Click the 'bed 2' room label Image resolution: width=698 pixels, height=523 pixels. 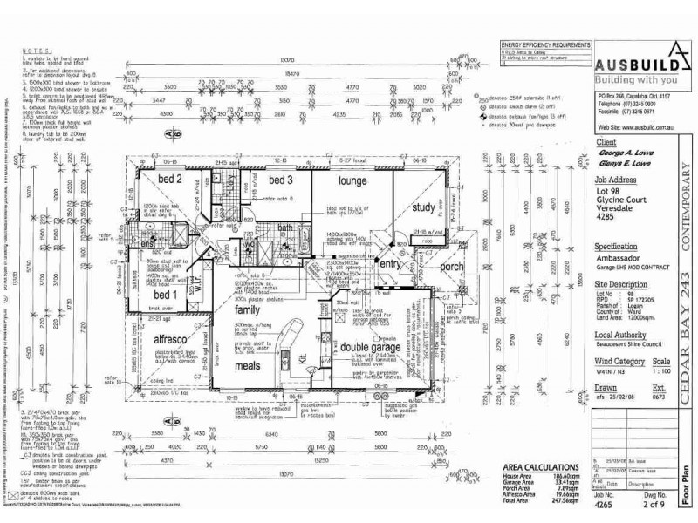[x=169, y=180]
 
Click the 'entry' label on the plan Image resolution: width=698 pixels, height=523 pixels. [x=388, y=263]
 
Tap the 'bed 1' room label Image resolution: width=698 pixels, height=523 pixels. [x=168, y=295]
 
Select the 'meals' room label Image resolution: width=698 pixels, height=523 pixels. [x=249, y=366]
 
